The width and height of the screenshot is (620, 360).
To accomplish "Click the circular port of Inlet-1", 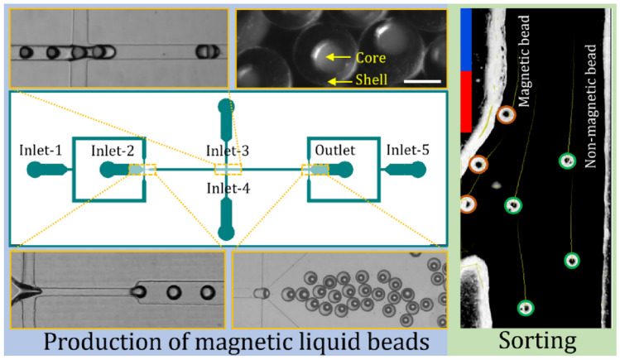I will click(x=36, y=170).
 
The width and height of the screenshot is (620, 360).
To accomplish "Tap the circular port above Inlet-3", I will click(x=226, y=106).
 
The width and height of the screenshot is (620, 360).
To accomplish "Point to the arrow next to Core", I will click(x=338, y=57).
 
